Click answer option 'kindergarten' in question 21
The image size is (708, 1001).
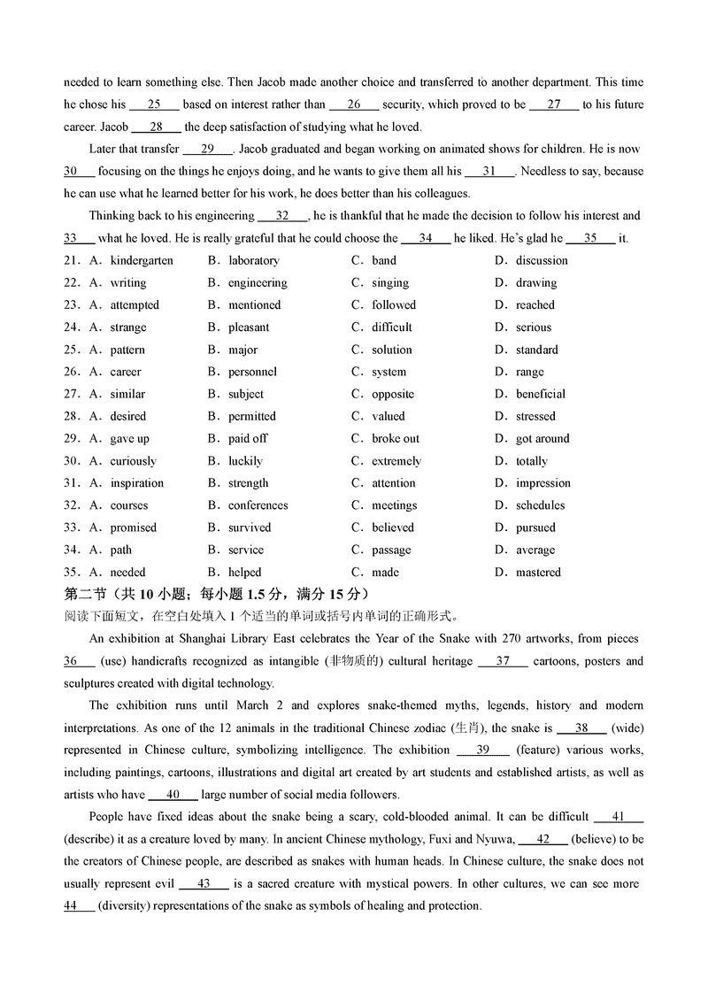click(x=142, y=260)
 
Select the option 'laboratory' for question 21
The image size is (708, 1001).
click(x=253, y=260)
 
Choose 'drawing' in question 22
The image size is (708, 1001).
click(x=536, y=283)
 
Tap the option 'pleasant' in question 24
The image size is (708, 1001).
click(x=249, y=327)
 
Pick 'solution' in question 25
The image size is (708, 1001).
click(x=391, y=350)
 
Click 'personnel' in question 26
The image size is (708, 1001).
click(x=252, y=372)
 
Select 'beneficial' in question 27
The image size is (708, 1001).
click(x=541, y=394)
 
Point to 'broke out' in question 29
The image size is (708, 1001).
click(x=396, y=439)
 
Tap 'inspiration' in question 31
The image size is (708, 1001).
click(x=136, y=483)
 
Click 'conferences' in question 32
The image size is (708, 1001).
click(x=258, y=505)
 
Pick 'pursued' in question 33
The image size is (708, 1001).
click(x=535, y=527)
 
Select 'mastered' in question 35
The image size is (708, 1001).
click(x=538, y=573)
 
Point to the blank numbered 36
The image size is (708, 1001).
click(x=79, y=661)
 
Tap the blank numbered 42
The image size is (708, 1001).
click(x=543, y=839)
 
